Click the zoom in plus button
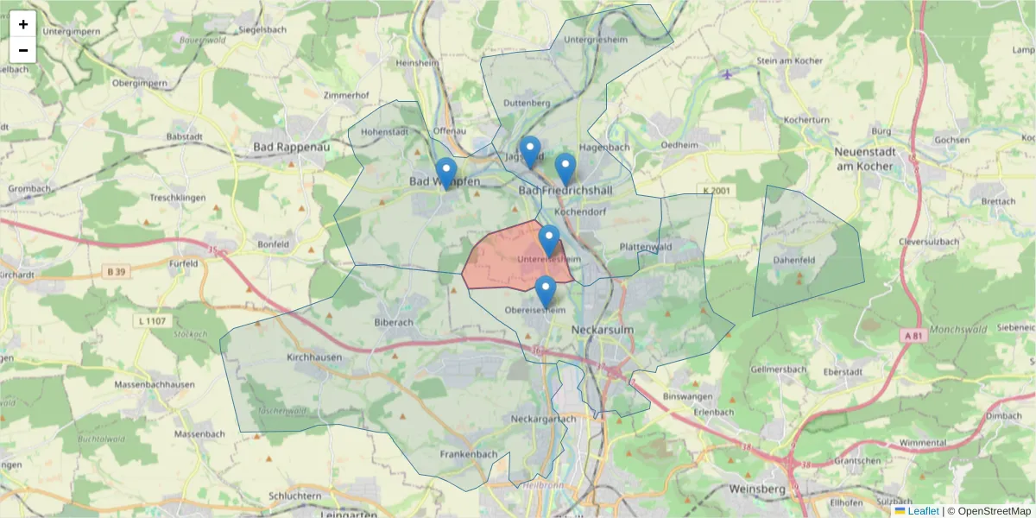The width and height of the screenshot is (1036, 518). pyautogui.click(x=23, y=24)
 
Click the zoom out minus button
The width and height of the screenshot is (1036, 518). pyautogui.click(x=23, y=50)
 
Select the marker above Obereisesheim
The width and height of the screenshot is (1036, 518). pyautogui.click(x=545, y=291)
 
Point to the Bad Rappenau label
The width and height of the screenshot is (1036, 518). pyautogui.click(x=292, y=148)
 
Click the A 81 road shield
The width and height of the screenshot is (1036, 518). pyautogui.click(x=915, y=335)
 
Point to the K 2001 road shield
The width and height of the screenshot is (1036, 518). pyautogui.click(x=716, y=190)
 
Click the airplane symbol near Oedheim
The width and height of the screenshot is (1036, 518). pyautogui.click(x=727, y=73)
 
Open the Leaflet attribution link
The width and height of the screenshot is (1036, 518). pyautogui.click(x=923, y=511)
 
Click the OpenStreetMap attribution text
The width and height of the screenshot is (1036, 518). pyautogui.click(x=989, y=511)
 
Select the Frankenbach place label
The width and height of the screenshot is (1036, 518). pyautogui.click(x=469, y=454)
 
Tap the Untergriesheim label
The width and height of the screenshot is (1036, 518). pyautogui.click(x=593, y=40)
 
